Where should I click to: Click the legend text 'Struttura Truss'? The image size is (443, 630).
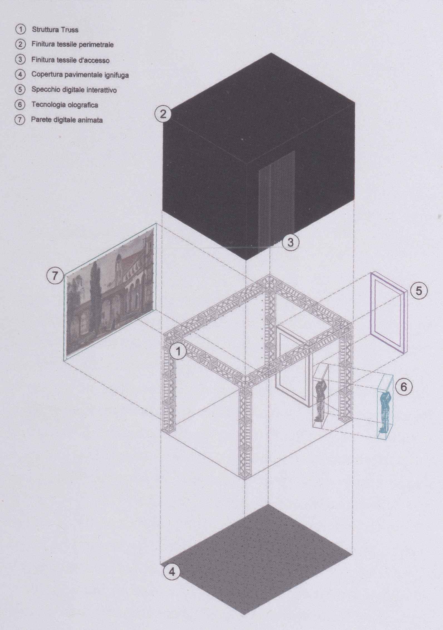(55, 29)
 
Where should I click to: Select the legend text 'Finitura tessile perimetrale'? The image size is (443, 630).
(72, 45)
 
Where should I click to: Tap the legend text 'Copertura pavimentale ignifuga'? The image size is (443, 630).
(80, 75)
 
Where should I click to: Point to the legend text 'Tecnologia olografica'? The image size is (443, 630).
(65, 105)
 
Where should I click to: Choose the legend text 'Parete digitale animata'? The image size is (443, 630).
(67, 120)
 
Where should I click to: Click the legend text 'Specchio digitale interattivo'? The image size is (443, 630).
(74, 90)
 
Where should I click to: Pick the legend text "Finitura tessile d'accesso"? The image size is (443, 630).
(70, 60)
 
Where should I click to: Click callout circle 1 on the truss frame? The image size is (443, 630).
(178, 352)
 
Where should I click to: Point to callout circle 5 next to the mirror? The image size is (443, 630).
(419, 291)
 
